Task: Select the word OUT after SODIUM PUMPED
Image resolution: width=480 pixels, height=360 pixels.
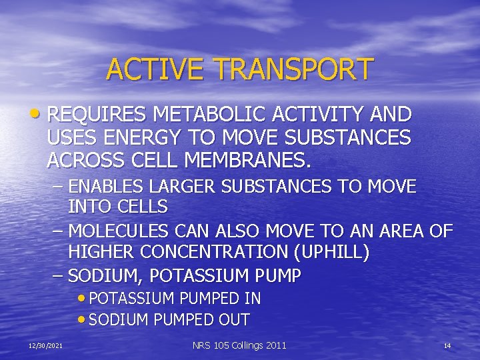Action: pyautogui.click(x=234, y=320)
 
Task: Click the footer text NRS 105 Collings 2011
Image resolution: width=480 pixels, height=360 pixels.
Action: pyautogui.click(x=239, y=345)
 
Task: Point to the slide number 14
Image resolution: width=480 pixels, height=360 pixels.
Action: pyautogui.click(x=447, y=345)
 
